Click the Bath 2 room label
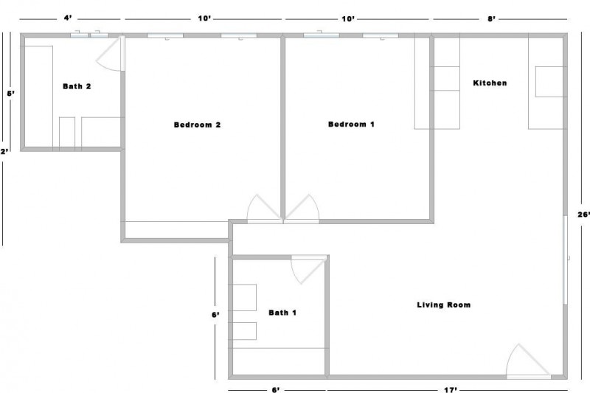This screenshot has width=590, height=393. [77, 86]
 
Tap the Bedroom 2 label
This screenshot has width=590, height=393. [197, 125]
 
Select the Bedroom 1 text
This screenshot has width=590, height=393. [351, 125]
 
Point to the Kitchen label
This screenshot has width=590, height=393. [490, 83]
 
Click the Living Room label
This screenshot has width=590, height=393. [443, 305]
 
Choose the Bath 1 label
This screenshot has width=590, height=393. [282, 313]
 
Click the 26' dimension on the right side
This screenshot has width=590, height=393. [582, 215]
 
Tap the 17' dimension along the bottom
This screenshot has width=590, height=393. [451, 389]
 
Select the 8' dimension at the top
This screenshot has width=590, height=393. [490, 18]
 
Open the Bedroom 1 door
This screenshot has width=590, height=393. [302, 209]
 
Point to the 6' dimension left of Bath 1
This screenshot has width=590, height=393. [215, 315]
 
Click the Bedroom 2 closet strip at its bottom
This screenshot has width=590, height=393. [176, 229]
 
